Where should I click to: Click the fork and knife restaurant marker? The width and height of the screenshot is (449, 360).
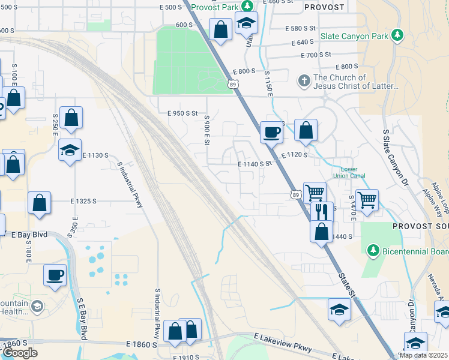[x=322, y=212]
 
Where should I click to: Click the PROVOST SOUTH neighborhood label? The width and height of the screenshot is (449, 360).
[x=420, y=226]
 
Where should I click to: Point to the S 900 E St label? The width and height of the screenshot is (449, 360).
[x=206, y=130]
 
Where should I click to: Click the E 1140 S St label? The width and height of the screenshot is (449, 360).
[x=255, y=163]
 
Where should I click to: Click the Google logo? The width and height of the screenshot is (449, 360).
[x=20, y=353]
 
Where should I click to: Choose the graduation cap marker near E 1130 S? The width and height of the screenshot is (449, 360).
[x=70, y=150]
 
